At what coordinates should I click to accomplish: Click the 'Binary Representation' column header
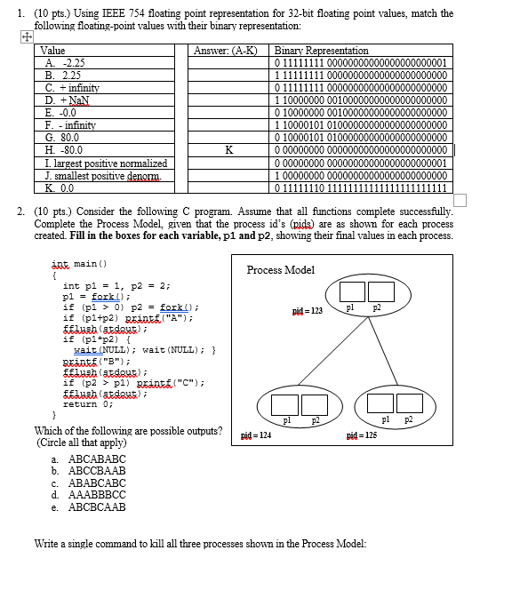(322, 51)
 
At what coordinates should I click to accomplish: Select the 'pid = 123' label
(307, 312)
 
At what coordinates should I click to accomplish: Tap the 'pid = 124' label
(256, 436)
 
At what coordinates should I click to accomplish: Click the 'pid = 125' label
(363, 436)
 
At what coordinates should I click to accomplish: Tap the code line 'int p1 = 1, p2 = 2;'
(116, 285)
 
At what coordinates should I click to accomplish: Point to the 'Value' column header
(54, 51)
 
